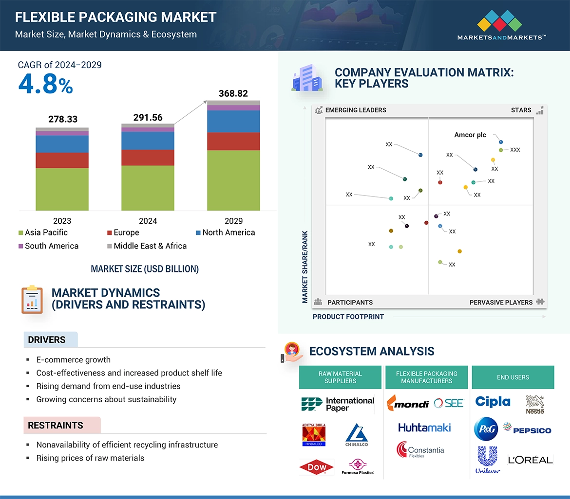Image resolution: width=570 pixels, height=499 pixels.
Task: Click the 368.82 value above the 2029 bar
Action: click(x=233, y=93)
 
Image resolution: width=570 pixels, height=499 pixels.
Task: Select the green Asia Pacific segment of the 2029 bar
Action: click(x=233, y=180)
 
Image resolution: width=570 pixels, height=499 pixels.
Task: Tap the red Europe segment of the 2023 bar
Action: click(x=62, y=160)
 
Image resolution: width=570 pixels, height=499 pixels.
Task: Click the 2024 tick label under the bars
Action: click(x=148, y=221)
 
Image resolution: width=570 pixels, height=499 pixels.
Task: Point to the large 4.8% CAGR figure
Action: click(x=45, y=85)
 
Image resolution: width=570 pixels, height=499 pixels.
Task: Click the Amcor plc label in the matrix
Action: click(x=470, y=135)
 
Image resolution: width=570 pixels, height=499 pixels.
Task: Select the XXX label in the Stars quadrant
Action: click(x=515, y=150)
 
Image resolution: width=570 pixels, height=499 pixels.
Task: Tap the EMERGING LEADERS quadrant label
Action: click(x=355, y=110)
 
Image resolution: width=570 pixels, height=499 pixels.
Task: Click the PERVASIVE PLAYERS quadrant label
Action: click(x=501, y=302)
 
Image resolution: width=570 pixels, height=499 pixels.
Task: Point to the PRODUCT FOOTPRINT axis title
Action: click(x=348, y=317)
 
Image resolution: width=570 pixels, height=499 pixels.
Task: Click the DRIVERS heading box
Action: click(x=47, y=340)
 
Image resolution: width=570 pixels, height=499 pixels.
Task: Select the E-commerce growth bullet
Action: click(x=73, y=360)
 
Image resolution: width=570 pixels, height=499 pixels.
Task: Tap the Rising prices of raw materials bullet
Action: click(x=90, y=458)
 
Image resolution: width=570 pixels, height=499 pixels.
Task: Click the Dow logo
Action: click(x=317, y=467)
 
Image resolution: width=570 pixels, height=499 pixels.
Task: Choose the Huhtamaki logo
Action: click(x=424, y=428)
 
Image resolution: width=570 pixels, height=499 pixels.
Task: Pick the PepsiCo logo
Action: click(x=527, y=430)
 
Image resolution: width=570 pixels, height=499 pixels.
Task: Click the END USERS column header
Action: click(x=513, y=377)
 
